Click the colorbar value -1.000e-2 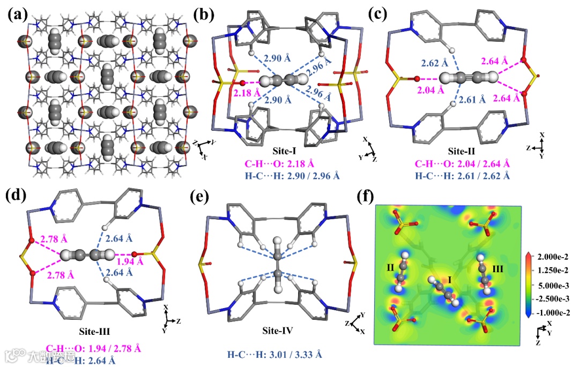point(555,312)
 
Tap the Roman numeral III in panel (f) point(498,266)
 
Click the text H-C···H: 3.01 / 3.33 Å point(275,355)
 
